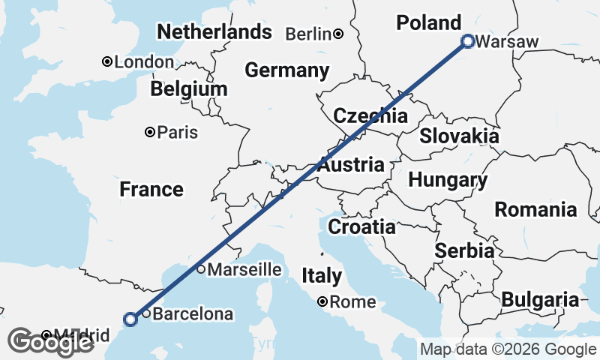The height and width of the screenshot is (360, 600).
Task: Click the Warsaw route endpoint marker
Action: [467, 41]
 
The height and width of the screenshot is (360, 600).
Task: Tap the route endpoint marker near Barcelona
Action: [130, 319]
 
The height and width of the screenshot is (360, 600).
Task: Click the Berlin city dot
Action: [339, 34]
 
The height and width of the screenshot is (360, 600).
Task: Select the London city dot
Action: [108, 61]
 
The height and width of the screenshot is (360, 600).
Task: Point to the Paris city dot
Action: [150, 132]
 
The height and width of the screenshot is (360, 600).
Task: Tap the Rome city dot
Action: [322, 301]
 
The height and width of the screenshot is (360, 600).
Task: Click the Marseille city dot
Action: [201, 269]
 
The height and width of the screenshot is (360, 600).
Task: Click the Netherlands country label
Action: [214, 32]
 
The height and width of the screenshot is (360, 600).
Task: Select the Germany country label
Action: [287, 70]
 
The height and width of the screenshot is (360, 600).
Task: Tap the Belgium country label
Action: [188, 89]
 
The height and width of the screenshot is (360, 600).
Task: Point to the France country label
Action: [151, 190]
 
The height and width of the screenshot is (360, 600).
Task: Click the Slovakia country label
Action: [459, 136]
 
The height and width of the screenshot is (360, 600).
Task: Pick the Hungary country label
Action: [448, 181]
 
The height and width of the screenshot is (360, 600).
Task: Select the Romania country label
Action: [535, 209]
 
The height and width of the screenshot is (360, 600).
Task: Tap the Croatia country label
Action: [362, 226]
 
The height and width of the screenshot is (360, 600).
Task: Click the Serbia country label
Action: [464, 250]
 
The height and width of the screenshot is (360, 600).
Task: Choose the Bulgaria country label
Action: [540, 300]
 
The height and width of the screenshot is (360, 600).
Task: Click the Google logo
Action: [50, 342]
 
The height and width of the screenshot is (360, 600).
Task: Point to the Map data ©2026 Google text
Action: [508, 349]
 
